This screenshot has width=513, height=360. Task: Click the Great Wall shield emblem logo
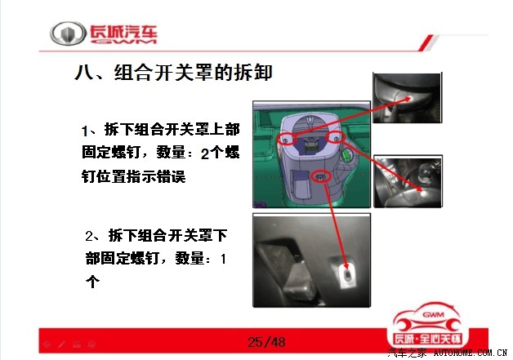[x=68, y=33]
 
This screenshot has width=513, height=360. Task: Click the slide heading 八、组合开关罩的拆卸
[x=173, y=73]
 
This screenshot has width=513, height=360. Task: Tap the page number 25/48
[x=266, y=342]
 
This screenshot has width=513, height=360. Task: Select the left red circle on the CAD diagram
[x=287, y=139]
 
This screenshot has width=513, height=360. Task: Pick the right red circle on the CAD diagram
[x=336, y=138]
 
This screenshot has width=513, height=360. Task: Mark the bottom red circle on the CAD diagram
[x=322, y=177]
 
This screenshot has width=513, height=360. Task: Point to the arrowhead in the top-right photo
[x=406, y=98]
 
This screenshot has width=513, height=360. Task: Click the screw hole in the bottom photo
[x=347, y=277]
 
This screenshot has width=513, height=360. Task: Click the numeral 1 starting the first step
[x=84, y=131]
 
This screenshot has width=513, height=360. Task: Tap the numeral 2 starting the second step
[x=89, y=236]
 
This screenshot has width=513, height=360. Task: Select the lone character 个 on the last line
[x=92, y=281]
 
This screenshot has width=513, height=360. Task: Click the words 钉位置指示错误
[x=133, y=176]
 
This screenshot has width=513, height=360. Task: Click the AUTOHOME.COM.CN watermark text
[x=470, y=353]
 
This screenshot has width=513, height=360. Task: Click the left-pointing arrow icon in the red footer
[x=47, y=344]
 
